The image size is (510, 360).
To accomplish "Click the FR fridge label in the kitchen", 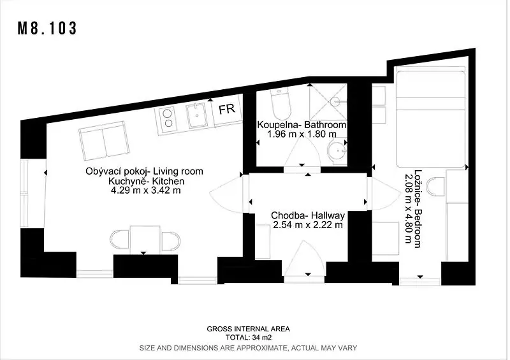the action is pyautogui.click(x=227, y=109).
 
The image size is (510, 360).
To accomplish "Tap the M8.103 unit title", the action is pyautogui.click(x=47, y=28).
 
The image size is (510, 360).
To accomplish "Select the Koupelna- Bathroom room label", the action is pyautogui.click(x=302, y=125).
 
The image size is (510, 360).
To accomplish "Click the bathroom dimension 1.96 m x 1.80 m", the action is pyautogui.click(x=302, y=134).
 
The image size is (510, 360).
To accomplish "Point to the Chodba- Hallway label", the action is pyautogui.click(x=308, y=215).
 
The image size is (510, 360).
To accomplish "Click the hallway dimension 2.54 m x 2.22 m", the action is pyautogui.click(x=308, y=225).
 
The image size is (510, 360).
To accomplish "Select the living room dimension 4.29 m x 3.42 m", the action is pyautogui.click(x=146, y=191).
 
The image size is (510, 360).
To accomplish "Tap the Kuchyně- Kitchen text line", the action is pyautogui.click(x=147, y=181).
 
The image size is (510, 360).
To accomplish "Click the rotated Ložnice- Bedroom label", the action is pyautogui.click(x=418, y=208).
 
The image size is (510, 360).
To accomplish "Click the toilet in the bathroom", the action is pyautogui.click(x=280, y=104).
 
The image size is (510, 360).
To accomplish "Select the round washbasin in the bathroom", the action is pyautogui.click(x=337, y=152).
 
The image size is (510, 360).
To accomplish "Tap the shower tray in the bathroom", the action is pyautogui.click(x=328, y=102).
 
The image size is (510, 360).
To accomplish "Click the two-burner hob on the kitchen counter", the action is pyautogui.click(x=168, y=119).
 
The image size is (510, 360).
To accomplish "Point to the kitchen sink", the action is pyautogui.click(x=196, y=115).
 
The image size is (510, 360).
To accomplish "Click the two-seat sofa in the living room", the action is pyautogui.click(x=104, y=140).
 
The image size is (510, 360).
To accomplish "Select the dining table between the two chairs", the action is pyautogui.click(x=145, y=240).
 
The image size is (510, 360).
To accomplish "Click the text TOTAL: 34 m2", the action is pyautogui.click(x=249, y=338).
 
